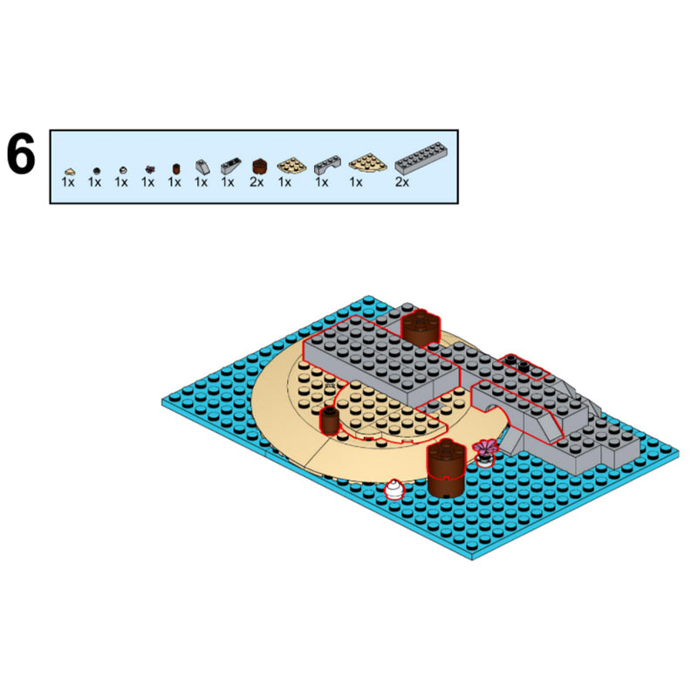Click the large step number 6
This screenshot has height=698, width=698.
(20, 154)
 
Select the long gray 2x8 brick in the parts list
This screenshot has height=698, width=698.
(421, 158)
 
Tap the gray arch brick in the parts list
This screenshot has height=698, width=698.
(327, 165)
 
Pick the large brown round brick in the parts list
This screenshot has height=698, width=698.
(259, 167)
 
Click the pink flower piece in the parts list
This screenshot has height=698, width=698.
(150, 169)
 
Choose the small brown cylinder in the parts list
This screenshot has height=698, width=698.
(176, 169)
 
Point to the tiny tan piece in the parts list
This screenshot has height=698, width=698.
(70, 171)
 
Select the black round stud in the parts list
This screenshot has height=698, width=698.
(96, 171)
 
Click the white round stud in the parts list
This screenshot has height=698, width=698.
(123, 170)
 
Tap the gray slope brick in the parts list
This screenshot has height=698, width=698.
(202, 167)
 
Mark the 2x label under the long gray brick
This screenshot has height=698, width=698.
(402, 182)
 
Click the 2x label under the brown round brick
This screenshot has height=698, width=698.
(257, 182)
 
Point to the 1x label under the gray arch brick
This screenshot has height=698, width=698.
(322, 182)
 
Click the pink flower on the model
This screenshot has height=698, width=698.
(485, 448)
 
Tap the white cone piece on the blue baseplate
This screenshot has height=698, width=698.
(394, 489)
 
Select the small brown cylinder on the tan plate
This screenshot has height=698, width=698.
(330, 421)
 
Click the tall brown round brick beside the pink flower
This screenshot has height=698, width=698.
(446, 468)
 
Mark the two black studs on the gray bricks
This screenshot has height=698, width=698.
(517, 363)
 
